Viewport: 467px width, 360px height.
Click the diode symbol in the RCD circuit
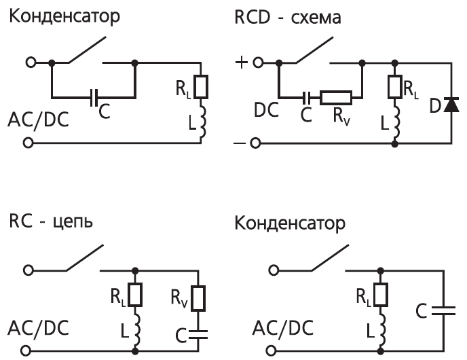(451, 105)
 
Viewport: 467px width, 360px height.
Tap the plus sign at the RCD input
(241, 62)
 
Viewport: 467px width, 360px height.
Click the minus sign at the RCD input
(240, 143)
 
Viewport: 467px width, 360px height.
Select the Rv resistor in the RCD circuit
(335, 98)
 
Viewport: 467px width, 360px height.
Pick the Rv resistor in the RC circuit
(198, 298)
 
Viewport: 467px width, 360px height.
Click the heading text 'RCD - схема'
(288, 17)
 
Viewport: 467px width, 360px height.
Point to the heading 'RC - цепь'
(51, 222)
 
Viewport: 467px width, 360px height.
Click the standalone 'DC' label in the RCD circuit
(266, 109)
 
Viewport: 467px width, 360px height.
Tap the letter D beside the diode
(435, 105)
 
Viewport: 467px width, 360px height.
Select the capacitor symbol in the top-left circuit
(94, 97)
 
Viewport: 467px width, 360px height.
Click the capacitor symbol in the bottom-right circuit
(443, 310)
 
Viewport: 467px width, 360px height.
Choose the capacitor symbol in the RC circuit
(198, 334)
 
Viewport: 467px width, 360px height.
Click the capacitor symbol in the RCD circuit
(306, 98)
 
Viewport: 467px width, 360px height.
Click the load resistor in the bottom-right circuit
(381, 294)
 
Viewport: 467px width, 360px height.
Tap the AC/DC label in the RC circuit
(38, 328)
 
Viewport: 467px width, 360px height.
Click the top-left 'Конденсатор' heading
(64, 16)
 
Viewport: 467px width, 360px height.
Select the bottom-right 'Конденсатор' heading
(290, 223)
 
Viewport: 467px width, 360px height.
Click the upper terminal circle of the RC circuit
(29, 270)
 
